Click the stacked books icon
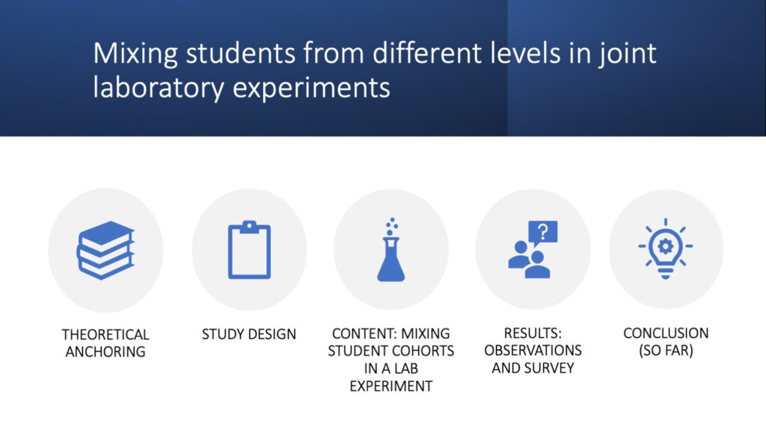pos(105,250)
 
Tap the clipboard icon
pos(249,250)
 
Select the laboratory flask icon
pos(390,250)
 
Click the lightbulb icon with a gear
pos(665,248)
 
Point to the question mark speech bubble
pos(543,233)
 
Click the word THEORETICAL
pos(105,334)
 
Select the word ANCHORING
pos(105,352)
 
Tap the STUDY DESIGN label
pos(249,334)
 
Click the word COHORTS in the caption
pos(425,351)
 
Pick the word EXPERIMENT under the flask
pos(390,386)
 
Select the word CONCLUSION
pos(666,333)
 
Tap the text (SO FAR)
pos(666,351)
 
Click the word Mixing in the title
pos(136,54)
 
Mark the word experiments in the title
pos(311,89)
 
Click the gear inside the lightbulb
pos(665,246)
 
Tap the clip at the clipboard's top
pos(249,226)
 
